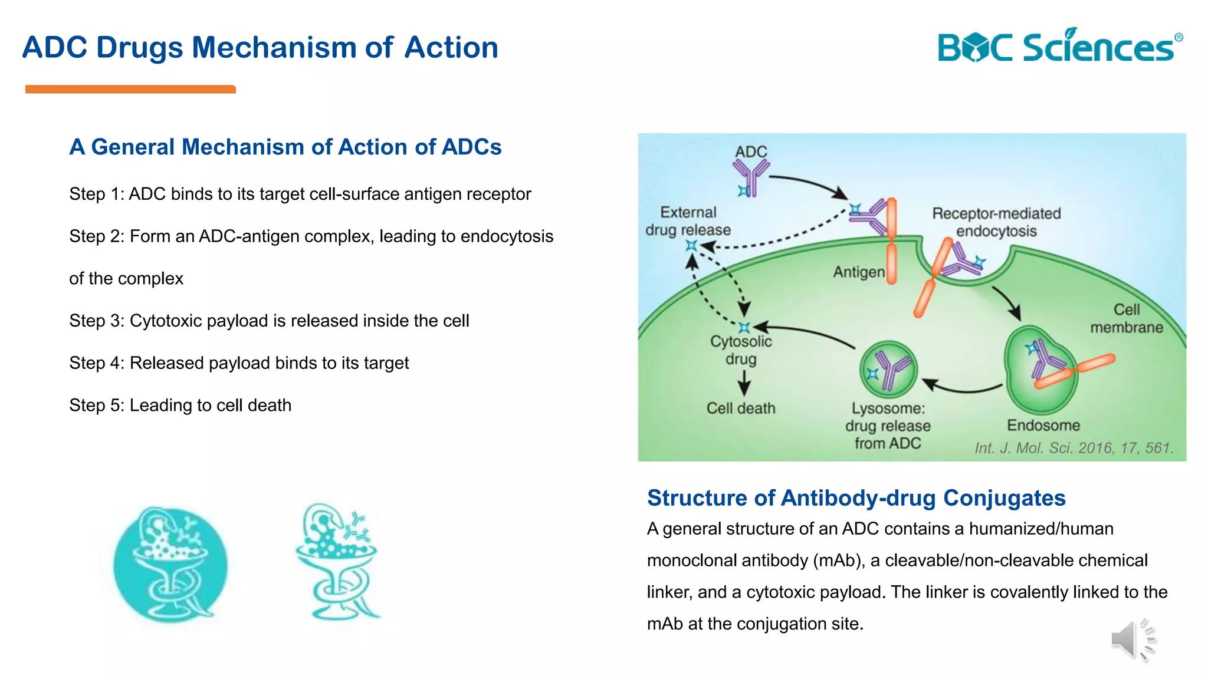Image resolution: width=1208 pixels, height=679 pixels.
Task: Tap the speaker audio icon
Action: (1132, 640)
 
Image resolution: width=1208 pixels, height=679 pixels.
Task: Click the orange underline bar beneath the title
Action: (130, 89)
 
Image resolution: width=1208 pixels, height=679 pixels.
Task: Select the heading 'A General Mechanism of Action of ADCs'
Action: (285, 147)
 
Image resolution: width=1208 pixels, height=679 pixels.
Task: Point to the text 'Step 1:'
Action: (96, 194)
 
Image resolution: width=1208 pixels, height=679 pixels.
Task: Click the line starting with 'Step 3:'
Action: (269, 321)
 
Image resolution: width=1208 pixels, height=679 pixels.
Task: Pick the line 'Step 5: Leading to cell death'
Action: (180, 406)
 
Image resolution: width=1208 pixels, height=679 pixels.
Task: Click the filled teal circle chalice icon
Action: (170, 565)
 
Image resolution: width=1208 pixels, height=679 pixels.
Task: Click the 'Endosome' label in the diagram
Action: (1043, 425)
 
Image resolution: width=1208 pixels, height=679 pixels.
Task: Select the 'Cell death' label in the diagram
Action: (741, 408)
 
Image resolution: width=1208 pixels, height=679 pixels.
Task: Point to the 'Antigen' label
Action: (858, 272)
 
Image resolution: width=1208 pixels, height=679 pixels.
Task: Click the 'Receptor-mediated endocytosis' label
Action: (996, 222)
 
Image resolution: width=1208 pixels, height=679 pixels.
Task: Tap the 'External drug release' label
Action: (688, 221)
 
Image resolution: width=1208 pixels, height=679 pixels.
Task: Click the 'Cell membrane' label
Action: (1126, 318)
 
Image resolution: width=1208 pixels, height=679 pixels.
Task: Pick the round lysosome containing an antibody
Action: (888, 370)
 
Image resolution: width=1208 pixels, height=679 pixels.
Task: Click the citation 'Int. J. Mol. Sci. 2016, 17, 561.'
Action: (1074, 448)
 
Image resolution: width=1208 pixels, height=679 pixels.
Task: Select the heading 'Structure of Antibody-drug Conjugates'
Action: (856, 498)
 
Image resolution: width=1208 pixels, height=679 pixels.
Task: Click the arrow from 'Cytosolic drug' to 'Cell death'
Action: (744, 383)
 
